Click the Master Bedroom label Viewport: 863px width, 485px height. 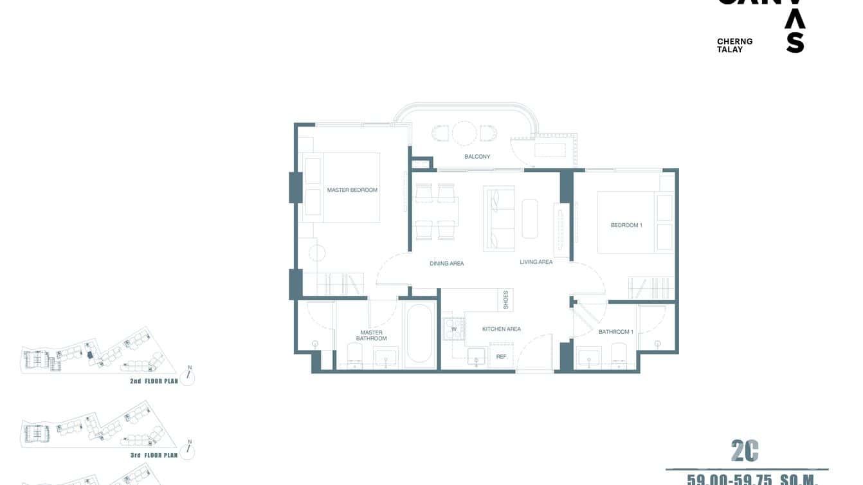[352, 190]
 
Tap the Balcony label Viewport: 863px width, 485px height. [477, 157]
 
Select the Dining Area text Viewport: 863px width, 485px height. [446, 264]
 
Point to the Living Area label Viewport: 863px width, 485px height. [536, 262]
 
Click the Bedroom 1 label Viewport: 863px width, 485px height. [626, 225]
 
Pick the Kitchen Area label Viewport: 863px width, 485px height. [501, 329]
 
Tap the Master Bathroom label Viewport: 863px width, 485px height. [371, 336]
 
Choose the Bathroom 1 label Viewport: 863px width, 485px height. [615, 332]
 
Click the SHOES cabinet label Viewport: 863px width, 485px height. [506, 300]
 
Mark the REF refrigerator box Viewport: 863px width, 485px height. [501, 356]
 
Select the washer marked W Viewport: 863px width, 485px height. [453, 329]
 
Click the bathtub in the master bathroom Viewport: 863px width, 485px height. [420, 334]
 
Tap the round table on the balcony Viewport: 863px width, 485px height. [464, 133]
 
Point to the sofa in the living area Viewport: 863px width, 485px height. [499, 219]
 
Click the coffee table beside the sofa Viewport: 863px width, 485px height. [529, 219]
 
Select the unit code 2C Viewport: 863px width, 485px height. [745, 452]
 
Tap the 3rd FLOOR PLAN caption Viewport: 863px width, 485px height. [153, 455]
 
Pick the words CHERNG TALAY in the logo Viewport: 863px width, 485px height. [734, 46]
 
